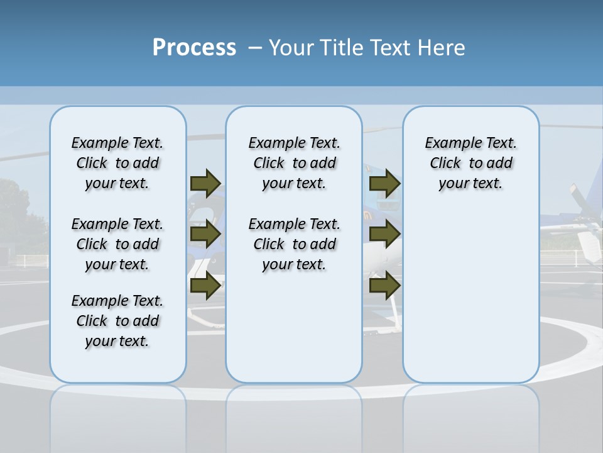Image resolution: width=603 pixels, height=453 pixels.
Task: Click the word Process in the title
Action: (194, 48)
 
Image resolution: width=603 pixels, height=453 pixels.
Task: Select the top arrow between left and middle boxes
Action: (205, 183)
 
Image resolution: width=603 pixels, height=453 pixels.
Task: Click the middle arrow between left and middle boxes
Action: (205, 234)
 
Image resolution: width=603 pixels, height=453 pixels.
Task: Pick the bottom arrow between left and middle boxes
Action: (205, 286)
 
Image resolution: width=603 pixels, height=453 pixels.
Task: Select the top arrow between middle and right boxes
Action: (384, 183)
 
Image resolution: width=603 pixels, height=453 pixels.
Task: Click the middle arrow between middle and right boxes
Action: (384, 234)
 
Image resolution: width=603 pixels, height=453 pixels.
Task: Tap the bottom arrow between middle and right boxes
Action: (384, 286)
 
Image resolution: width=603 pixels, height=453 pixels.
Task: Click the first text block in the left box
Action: (117, 163)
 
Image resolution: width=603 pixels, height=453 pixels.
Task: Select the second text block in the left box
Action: (117, 244)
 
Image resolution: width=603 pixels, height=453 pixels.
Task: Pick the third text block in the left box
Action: (117, 321)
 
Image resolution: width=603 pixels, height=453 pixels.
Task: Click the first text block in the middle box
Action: (294, 163)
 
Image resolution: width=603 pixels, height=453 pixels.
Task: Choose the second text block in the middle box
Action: (294, 244)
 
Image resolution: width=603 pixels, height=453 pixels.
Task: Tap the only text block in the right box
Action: (470, 163)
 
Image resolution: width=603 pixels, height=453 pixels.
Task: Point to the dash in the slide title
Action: (255, 48)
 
